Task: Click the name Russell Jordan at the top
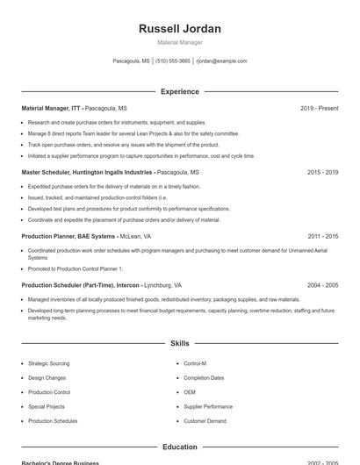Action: (x=180, y=28)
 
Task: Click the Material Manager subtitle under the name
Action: (x=180, y=42)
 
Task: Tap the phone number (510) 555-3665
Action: (x=174, y=61)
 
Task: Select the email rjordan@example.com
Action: (x=221, y=61)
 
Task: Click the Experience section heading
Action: (x=180, y=91)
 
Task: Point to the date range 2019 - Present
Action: (x=319, y=108)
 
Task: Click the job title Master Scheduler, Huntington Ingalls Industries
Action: (x=87, y=173)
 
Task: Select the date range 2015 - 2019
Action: (x=322, y=173)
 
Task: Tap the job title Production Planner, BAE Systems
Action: (x=68, y=236)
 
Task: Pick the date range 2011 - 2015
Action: (x=322, y=236)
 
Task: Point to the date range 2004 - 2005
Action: (x=322, y=285)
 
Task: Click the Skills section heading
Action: (x=180, y=343)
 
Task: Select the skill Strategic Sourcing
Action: (x=48, y=363)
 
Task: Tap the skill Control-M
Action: (x=195, y=363)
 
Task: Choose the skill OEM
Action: (x=190, y=392)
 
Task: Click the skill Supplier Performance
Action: (x=208, y=406)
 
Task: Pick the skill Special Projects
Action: (x=47, y=406)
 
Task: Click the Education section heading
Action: (x=180, y=447)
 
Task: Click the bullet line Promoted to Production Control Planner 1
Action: (x=76, y=268)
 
